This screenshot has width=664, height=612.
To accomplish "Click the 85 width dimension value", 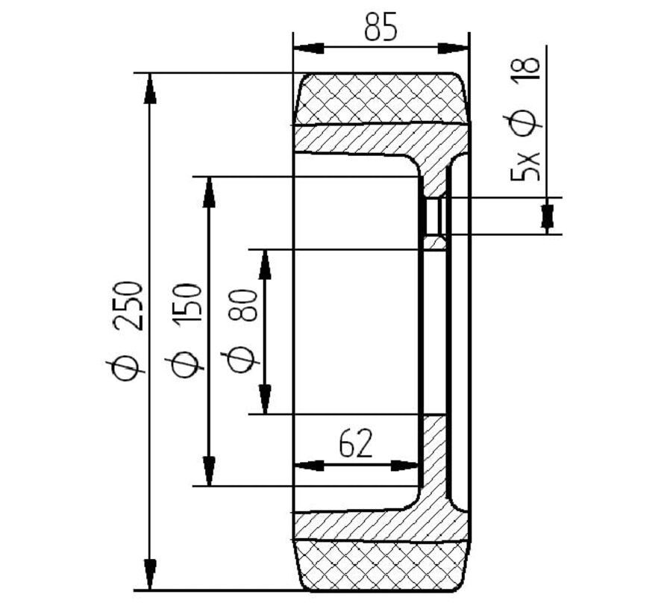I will (380, 28).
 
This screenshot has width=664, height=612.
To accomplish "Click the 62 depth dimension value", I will (356, 444).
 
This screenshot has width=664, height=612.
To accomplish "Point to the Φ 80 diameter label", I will (244, 328).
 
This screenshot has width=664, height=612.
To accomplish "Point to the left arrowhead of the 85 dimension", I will (308, 48).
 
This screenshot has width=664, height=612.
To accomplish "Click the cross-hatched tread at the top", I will (380, 99).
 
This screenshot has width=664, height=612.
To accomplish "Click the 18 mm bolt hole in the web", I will (434, 216).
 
